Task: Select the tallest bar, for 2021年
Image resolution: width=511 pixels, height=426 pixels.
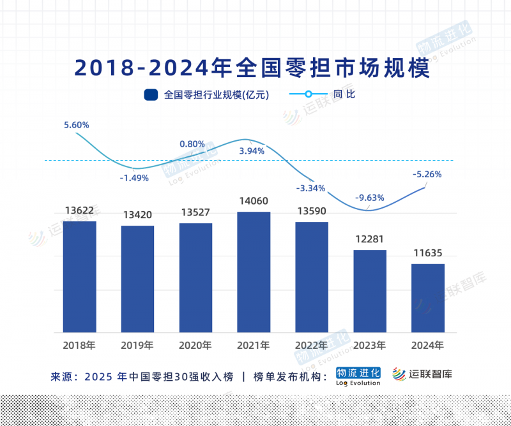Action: (254, 272)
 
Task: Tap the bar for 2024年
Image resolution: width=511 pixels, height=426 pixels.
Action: (428, 298)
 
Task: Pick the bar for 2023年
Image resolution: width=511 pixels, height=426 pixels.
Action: (370, 291)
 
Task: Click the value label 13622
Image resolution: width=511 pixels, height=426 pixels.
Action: (80, 210)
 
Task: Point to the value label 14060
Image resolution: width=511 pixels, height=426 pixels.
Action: (254, 201)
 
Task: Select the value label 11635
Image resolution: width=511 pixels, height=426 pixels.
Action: (428, 253)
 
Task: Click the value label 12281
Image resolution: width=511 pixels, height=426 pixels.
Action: (370, 239)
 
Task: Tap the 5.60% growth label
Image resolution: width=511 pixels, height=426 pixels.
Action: (77, 125)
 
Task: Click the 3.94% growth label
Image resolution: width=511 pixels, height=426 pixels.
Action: (252, 151)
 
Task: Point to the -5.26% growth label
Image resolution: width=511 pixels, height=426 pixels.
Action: (427, 173)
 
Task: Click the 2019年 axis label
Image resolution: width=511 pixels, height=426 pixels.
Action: (137, 346)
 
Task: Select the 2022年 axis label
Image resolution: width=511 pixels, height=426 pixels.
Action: (312, 346)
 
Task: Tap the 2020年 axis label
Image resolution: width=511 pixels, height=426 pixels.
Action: (195, 346)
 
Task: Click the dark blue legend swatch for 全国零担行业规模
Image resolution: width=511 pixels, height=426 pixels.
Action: (151, 95)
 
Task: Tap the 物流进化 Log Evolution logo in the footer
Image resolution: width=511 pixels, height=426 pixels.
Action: (358, 376)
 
